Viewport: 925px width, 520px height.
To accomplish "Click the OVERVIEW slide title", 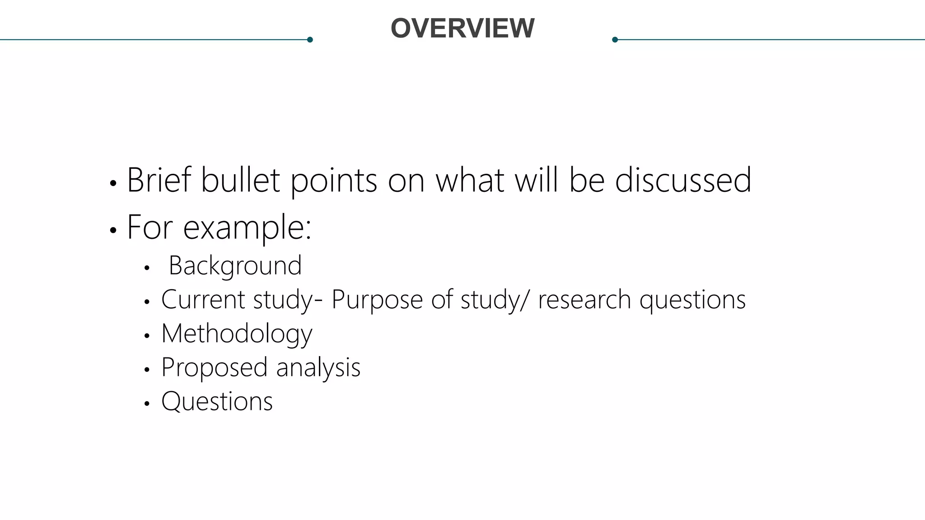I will (462, 28).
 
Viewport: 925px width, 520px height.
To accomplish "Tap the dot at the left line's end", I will (310, 40).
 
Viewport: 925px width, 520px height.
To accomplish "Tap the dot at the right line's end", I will (615, 40).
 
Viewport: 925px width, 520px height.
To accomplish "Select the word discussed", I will (683, 180).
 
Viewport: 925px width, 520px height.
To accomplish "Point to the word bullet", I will (240, 180).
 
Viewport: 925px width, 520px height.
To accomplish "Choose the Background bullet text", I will (235, 265).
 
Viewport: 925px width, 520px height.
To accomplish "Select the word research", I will (584, 299).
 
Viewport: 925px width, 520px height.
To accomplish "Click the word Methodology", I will (237, 334).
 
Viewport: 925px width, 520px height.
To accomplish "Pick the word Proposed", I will (214, 367).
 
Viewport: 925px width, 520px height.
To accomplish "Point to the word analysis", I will (318, 367).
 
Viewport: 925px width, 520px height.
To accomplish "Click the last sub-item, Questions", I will (217, 401).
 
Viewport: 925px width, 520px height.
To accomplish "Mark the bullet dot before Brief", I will (113, 183).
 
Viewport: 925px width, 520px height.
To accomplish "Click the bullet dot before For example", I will (113, 230).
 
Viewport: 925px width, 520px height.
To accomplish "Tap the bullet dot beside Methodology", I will (146, 336).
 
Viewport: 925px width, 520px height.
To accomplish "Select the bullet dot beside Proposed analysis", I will (146, 370).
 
